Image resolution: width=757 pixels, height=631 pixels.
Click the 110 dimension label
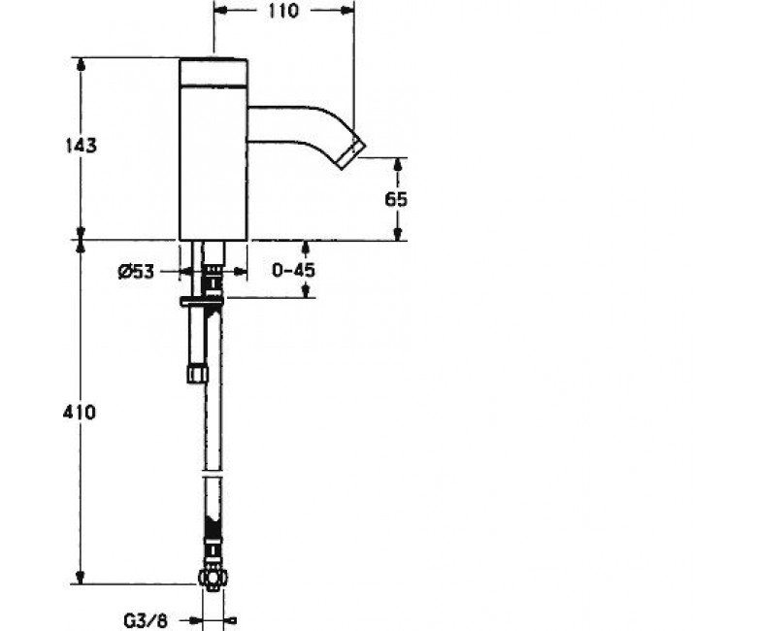(x=283, y=10)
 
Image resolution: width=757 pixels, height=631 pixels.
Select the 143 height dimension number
(x=81, y=145)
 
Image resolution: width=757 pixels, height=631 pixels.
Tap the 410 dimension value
(x=80, y=413)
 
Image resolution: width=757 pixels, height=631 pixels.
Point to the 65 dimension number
(x=396, y=199)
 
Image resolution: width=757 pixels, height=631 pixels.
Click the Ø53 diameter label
(x=136, y=272)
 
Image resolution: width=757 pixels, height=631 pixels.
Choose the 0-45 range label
(x=293, y=270)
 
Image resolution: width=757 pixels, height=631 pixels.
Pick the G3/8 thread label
(x=146, y=621)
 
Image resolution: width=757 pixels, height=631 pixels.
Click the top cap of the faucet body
(x=214, y=73)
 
